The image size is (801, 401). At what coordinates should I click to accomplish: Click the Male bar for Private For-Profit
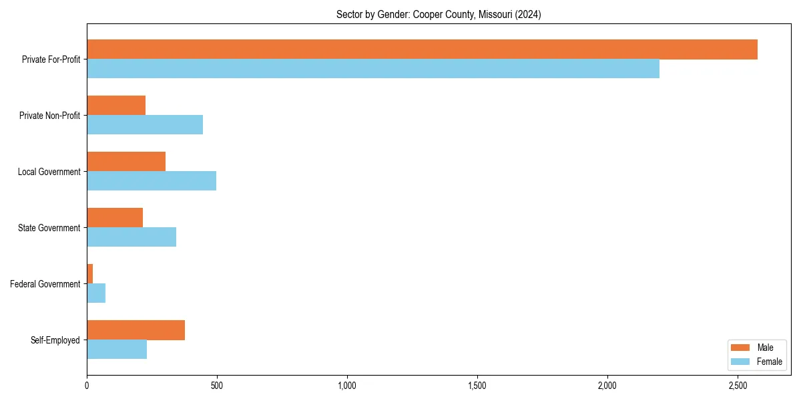[x=422, y=49]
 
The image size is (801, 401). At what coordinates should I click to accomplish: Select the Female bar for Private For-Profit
[x=373, y=69]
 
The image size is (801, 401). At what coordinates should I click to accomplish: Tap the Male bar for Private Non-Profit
[x=116, y=106]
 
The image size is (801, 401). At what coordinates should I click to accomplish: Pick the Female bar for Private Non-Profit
[x=145, y=125]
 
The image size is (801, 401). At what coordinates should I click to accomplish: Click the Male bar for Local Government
[x=126, y=162]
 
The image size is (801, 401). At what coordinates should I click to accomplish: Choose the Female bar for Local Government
[x=152, y=181]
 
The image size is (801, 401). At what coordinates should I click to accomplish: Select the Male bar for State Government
[x=115, y=218]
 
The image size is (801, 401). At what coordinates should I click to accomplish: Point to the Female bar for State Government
[x=131, y=237]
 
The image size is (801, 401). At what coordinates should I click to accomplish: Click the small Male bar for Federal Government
[x=90, y=274]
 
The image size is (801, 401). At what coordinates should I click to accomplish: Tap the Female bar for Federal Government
[x=96, y=293]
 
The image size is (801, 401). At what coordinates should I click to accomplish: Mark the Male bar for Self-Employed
[x=136, y=330]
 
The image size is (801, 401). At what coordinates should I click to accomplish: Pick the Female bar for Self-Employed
[x=117, y=350]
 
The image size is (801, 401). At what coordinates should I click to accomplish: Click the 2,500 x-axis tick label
[x=737, y=386]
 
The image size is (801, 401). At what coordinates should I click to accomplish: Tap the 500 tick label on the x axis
[x=216, y=386]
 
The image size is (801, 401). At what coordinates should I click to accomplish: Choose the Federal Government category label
[x=45, y=284]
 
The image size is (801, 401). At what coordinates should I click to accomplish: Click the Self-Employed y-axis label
[x=55, y=340]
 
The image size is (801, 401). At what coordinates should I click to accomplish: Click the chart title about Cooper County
[x=439, y=15]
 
